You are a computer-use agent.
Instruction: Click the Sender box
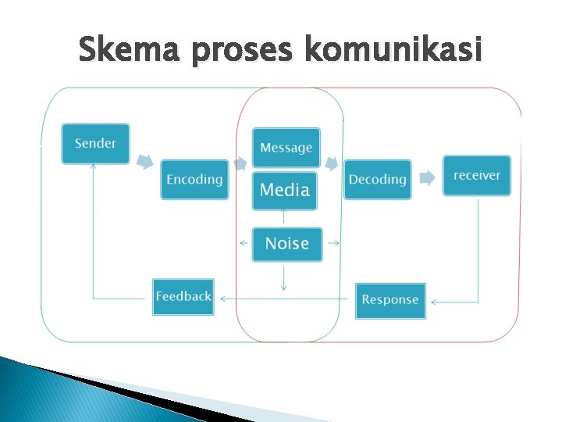[x=96, y=144]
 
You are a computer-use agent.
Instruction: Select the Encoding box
[x=194, y=180]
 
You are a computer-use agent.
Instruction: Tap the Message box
[x=286, y=148]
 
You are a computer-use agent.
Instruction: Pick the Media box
[x=285, y=190]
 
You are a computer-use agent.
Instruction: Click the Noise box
[x=286, y=244]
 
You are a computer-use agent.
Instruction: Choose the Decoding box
[x=377, y=180]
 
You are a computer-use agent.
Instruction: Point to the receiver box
[x=476, y=176]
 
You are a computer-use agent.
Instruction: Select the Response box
[x=390, y=300]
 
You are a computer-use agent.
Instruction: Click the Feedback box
[x=183, y=297]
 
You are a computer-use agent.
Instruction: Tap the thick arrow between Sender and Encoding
[x=144, y=161]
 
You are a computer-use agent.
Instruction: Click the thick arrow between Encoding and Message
[x=240, y=162]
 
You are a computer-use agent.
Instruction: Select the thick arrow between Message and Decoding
[x=332, y=164]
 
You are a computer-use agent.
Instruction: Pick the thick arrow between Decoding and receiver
[x=427, y=177]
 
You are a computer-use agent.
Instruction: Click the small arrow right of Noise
[x=333, y=243]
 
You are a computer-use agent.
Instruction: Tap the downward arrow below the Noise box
[x=283, y=278]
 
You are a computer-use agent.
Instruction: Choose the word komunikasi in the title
[x=393, y=52]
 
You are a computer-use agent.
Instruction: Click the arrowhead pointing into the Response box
[x=434, y=302]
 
